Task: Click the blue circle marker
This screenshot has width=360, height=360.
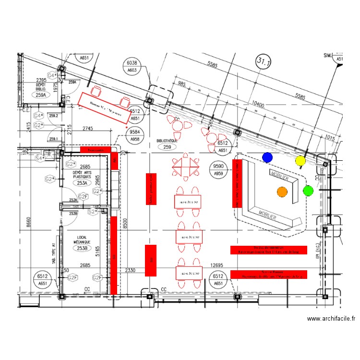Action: coord(267,157)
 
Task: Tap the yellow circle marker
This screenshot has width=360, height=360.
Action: coord(300,160)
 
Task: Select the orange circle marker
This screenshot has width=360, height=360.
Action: coord(282,192)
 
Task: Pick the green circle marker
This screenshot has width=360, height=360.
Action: coord(308,191)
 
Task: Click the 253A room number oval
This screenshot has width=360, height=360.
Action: coord(83,182)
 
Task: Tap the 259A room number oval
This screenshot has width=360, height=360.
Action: coord(41,95)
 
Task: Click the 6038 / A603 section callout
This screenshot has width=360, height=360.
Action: coord(132,66)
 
